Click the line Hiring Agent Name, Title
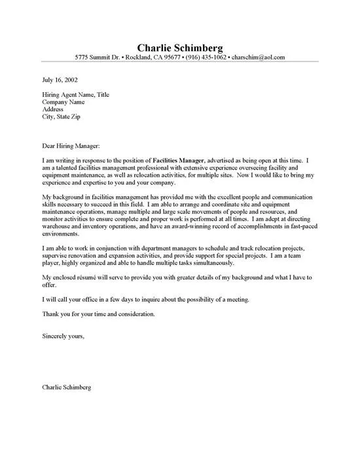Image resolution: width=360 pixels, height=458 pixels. pyautogui.click(x=77, y=96)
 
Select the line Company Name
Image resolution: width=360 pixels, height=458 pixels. pyautogui.click(x=65, y=103)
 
